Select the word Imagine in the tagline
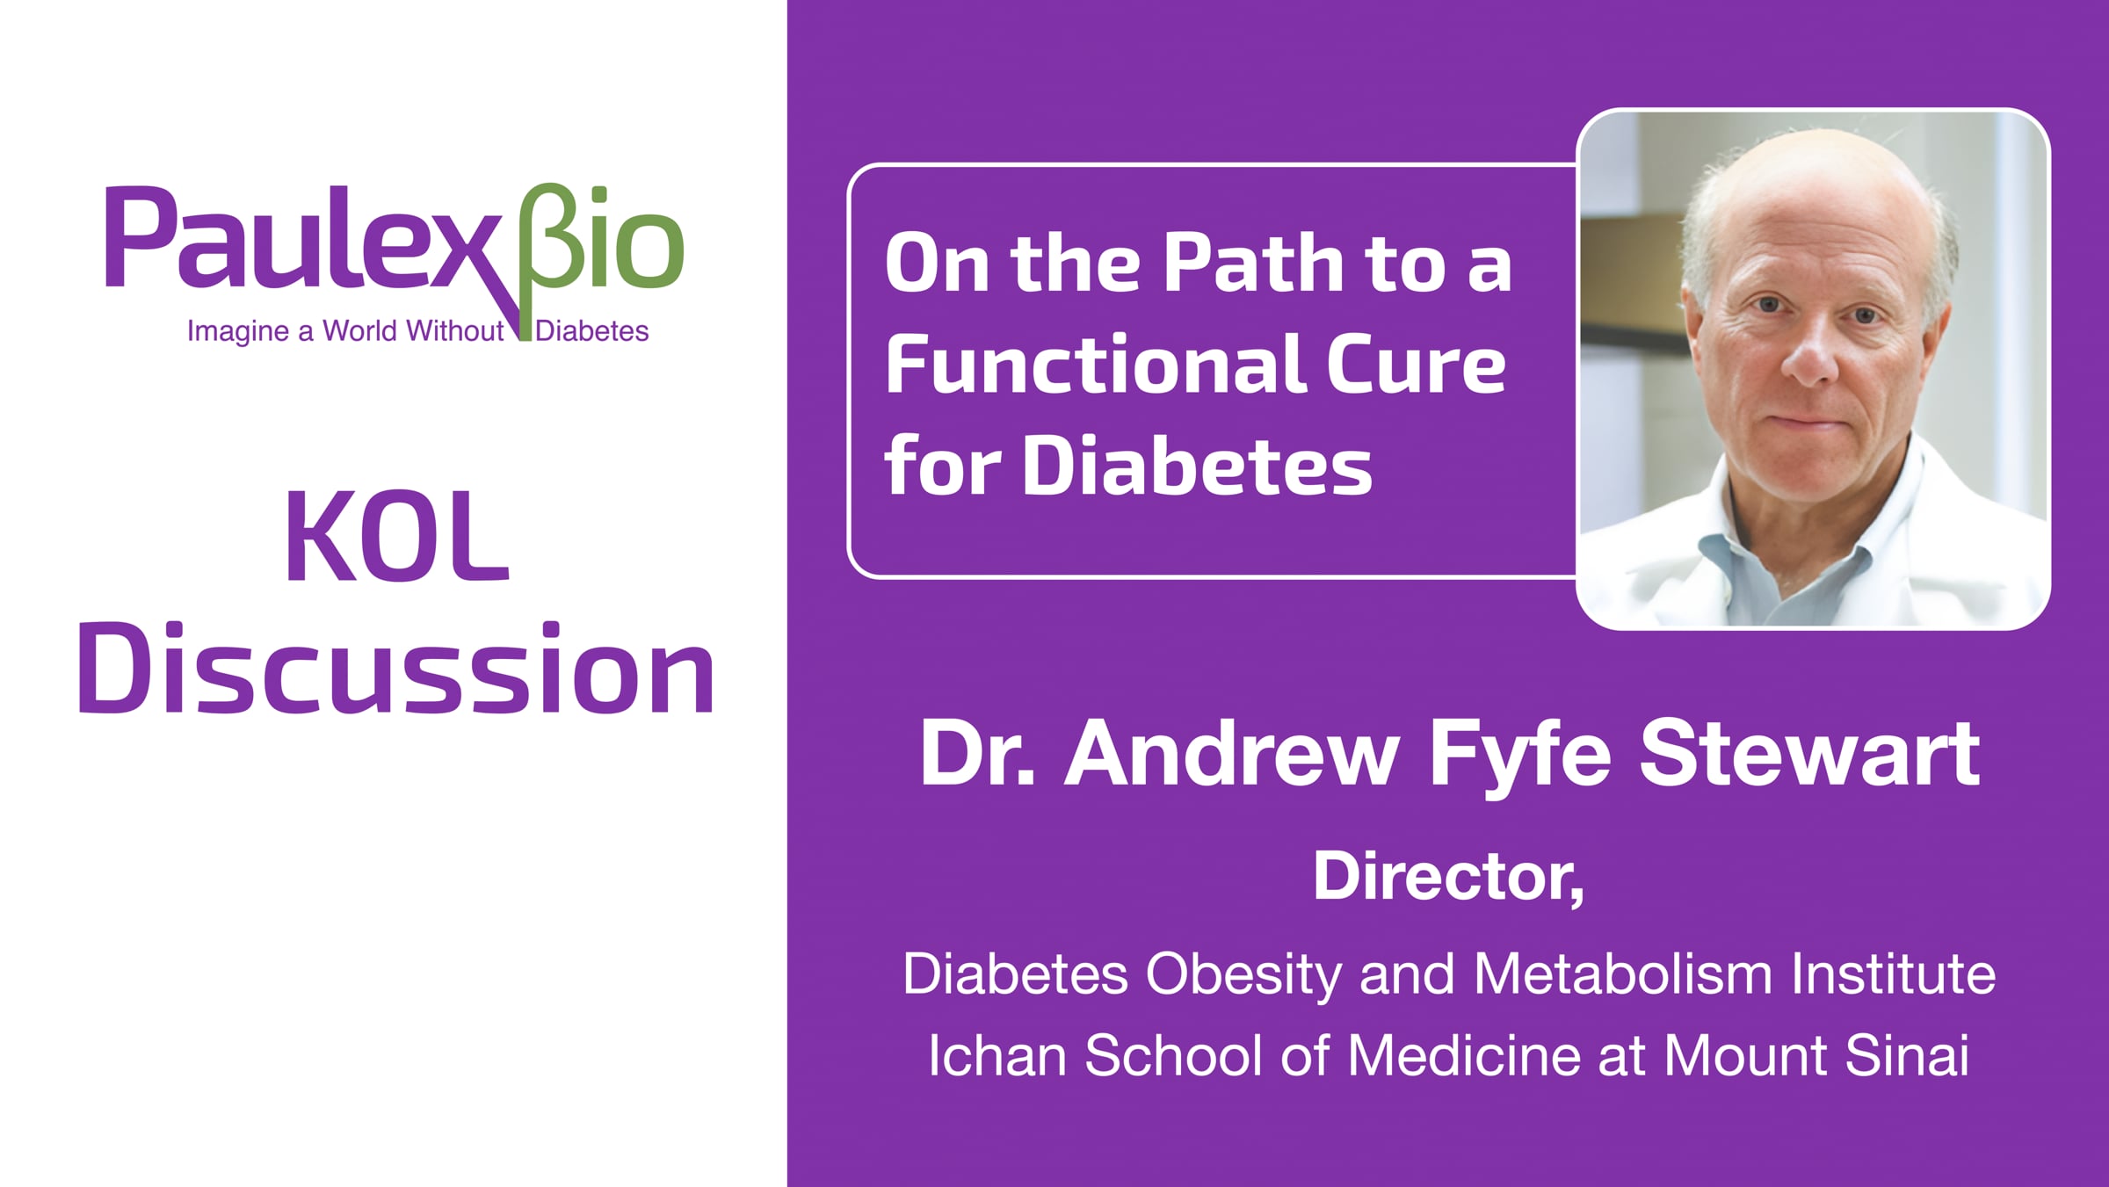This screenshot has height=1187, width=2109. tap(237, 332)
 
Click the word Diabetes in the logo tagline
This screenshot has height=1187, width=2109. tap(592, 331)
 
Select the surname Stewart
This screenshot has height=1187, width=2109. tap(1810, 754)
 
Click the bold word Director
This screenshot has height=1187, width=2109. tap(1449, 877)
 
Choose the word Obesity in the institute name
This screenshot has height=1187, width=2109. tap(1243, 975)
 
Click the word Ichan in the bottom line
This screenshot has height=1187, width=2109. tap(997, 1055)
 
